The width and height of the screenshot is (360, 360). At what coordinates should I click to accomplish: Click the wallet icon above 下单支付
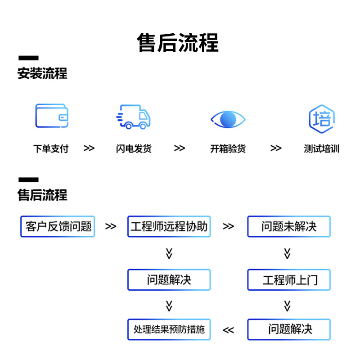[x=52, y=116]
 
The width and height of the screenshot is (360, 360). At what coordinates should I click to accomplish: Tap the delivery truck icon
[x=133, y=117]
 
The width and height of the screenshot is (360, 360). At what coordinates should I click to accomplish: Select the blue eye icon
[x=228, y=119]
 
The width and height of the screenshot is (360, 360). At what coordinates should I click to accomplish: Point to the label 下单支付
[x=51, y=148]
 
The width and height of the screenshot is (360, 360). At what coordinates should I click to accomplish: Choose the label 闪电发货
[x=134, y=148]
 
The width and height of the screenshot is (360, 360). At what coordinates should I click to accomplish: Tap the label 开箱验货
[x=228, y=148]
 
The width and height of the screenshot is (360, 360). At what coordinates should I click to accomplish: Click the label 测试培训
[x=321, y=148]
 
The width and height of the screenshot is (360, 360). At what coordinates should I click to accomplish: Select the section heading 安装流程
[x=42, y=73]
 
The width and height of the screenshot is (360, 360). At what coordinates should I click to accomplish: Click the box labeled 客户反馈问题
[x=58, y=226]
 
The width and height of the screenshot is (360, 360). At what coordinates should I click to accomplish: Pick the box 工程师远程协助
[x=169, y=226]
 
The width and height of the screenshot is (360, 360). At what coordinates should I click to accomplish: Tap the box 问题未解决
[x=289, y=226]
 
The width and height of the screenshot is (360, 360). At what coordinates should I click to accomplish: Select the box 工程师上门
[x=289, y=280]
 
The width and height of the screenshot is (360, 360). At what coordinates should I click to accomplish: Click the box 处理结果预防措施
[x=169, y=329]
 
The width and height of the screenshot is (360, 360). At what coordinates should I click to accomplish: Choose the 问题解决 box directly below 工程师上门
[x=289, y=329]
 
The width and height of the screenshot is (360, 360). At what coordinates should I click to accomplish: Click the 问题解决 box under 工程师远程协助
[x=169, y=280]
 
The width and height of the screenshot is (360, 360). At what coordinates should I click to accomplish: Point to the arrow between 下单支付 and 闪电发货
[x=89, y=148]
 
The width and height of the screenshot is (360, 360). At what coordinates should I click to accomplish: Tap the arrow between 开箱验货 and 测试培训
[x=276, y=148]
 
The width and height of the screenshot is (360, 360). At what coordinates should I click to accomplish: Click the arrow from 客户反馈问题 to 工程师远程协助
[x=111, y=226]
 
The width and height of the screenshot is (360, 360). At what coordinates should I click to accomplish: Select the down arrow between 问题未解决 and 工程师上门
[x=288, y=253]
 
